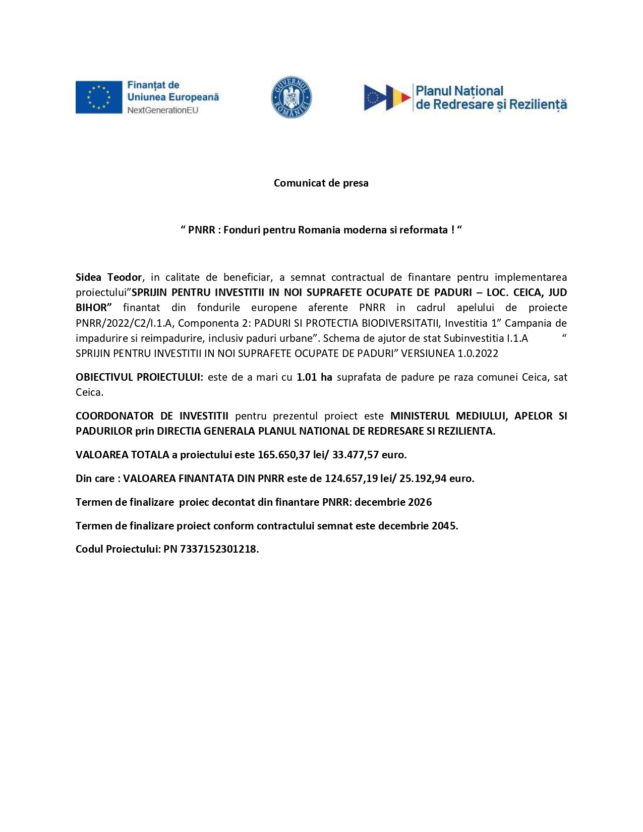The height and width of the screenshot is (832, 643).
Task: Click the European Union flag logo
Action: point(99,97)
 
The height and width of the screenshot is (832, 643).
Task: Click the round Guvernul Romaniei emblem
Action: point(291,97)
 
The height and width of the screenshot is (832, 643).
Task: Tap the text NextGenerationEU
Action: point(162,110)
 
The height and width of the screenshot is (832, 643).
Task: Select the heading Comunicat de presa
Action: point(321,183)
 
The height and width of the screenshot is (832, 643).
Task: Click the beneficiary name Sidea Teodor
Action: point(108,277)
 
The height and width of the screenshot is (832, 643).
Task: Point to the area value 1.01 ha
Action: point(314,377)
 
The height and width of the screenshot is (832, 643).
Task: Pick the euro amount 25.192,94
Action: point(423,479)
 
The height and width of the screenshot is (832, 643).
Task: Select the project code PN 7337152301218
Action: point(211,549)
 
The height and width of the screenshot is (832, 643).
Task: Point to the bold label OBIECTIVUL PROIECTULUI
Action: point(139,377)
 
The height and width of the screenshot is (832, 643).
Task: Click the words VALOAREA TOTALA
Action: point(123,455)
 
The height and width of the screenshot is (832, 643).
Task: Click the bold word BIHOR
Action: point(92,308)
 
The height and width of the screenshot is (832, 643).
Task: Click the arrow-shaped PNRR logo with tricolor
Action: point(387,97)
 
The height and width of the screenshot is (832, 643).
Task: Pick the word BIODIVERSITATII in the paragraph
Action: point(401,323)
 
